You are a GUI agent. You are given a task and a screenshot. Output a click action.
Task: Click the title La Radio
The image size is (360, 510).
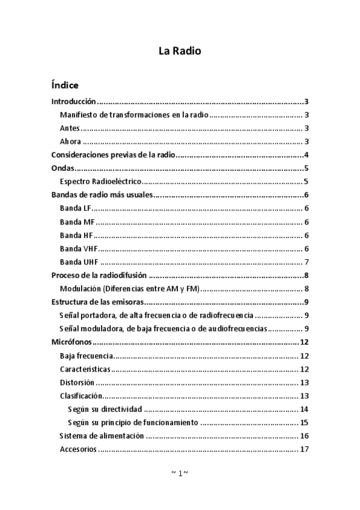[x=180, y=51]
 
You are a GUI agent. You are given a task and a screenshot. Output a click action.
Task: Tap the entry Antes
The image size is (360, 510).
[x=70, y=128]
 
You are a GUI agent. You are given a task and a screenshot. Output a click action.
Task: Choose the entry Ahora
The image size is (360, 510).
[x=70, y=142]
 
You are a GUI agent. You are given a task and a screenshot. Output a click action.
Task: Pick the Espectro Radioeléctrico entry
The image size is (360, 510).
[x=100, y=182]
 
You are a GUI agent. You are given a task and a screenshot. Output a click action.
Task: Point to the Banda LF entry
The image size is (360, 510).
[x=75, y=208]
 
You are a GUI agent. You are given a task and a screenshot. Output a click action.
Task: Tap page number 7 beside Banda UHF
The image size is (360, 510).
[x=307, y=262]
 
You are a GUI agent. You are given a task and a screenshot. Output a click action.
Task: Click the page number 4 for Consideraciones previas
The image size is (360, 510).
[x=307, y=155]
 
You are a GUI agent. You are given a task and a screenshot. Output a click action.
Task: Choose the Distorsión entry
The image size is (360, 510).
[x=77, y=382]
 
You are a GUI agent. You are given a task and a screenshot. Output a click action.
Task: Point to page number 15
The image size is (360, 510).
[x=304, y=422]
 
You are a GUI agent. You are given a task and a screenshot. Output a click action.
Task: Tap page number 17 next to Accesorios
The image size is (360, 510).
[x=304, y=449]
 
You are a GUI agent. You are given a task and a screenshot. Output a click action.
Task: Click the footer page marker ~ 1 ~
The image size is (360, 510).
[x=180, y=473]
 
